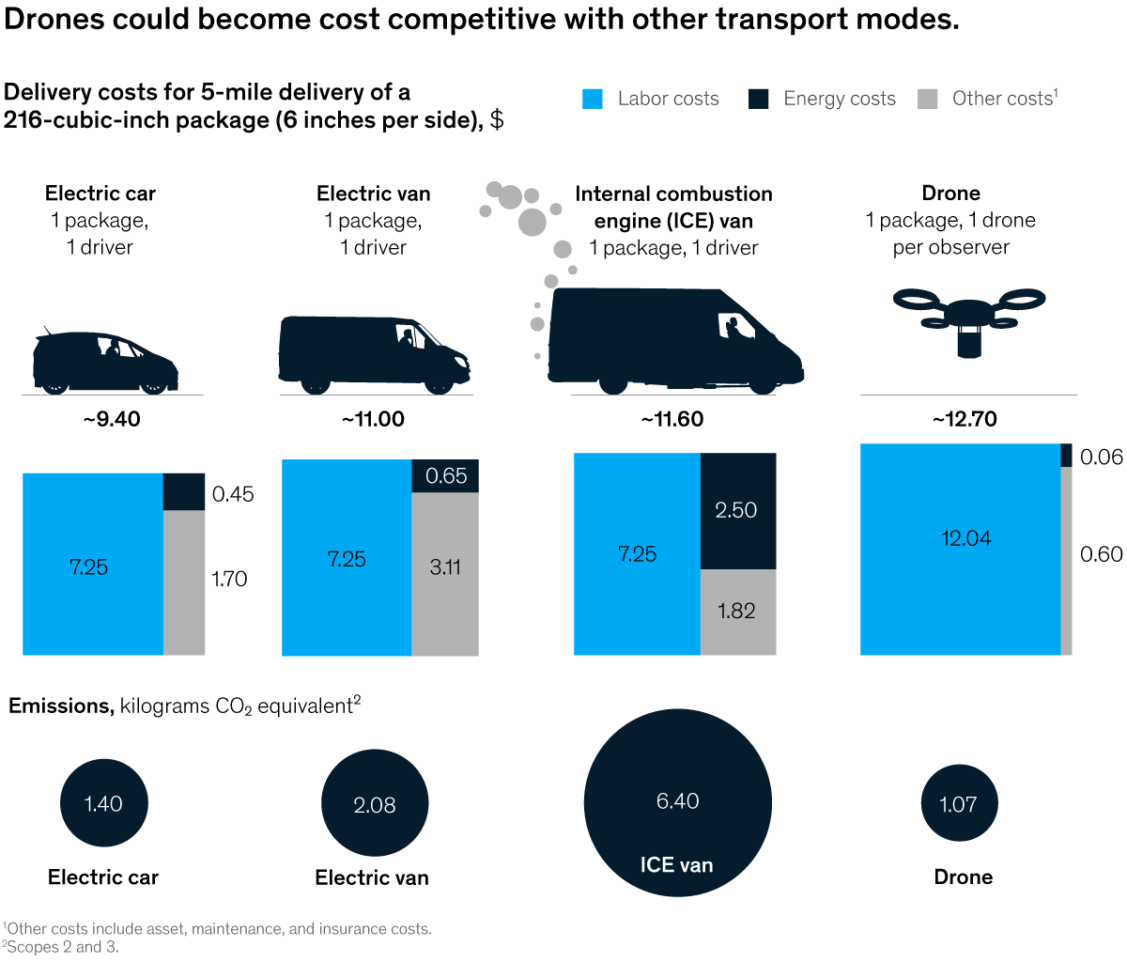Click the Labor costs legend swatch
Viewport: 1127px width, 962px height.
click(593, 99)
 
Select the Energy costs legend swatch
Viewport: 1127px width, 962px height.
click(759, 99)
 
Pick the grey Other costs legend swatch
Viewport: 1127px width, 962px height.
click(927, 99)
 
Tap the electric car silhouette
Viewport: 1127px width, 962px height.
click(105, 362)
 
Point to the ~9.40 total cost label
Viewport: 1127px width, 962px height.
click(112, 419)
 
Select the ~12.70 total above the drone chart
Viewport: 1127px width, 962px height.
click(965, 419)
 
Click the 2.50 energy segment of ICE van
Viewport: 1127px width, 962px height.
click(737, 510)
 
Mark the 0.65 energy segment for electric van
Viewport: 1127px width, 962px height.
click(445, 475)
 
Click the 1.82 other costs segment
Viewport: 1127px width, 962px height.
click(737, 612)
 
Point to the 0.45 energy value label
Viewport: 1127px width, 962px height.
click(233, 494)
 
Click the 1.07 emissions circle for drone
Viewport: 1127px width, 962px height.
click(958, 804)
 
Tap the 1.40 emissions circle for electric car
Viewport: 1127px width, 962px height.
click(103, 803)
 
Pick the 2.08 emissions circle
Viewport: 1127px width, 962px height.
click(375, 804)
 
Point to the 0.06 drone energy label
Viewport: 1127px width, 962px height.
click(1102, 458)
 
